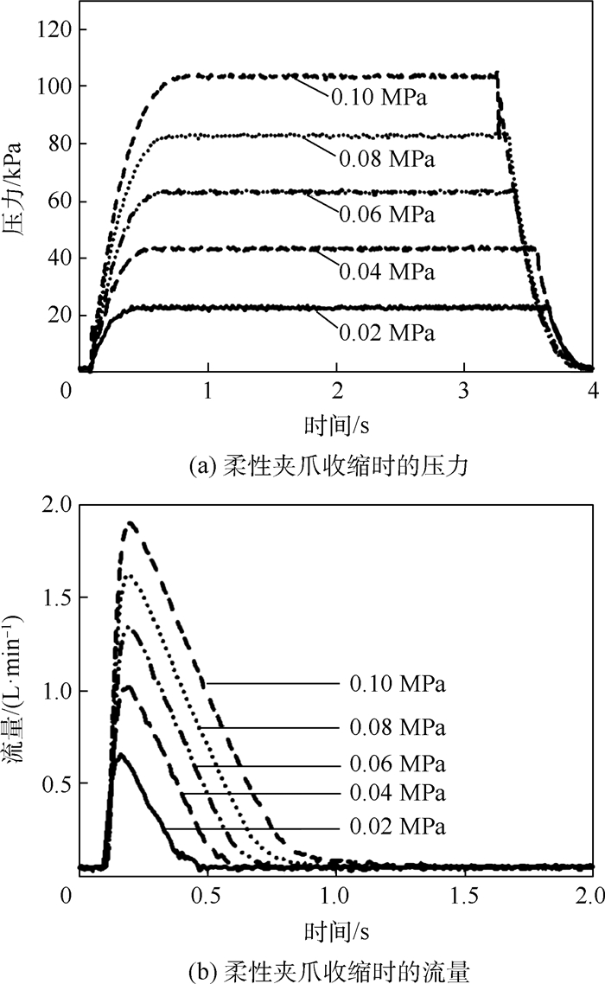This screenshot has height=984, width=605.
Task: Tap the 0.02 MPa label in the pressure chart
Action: click(386, 333)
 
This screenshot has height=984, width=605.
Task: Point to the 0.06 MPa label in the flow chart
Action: click(398, 765)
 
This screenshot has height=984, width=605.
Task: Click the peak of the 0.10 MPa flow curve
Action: click(131, 522)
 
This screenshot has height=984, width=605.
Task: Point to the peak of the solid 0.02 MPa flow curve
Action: click(122, 754)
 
